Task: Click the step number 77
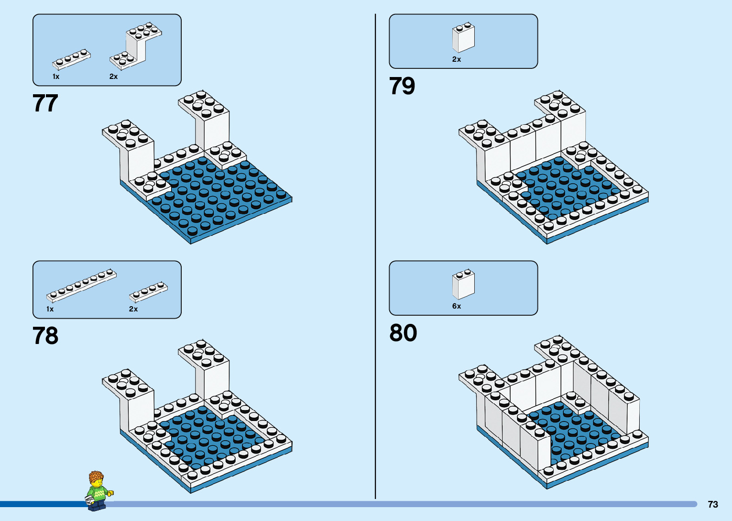[45, 103]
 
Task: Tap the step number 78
[45, 336]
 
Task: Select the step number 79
[402, 86]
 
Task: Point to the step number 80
[403, 333]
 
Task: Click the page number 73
[712, 504]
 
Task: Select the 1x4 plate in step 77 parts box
[72, 59]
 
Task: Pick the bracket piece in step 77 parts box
[136, 46]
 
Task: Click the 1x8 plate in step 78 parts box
[81, 286]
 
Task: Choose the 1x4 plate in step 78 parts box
[148, 292]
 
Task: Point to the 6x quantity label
[457, 306]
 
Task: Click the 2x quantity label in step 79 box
[457, 59]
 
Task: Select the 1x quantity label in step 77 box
[56, 77]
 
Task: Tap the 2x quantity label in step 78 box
[133, 309]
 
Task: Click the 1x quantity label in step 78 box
[50, 309]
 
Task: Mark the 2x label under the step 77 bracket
[113, 77]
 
